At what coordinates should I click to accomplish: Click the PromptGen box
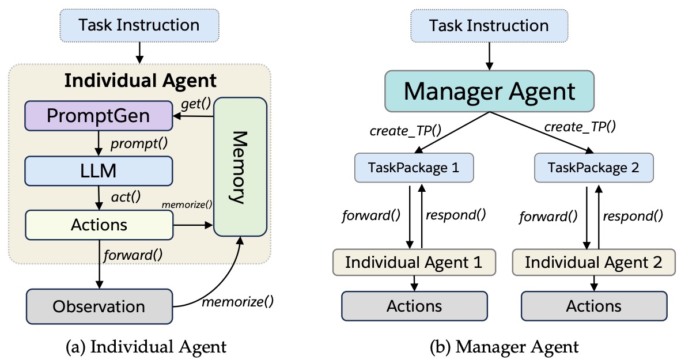coord(99,116)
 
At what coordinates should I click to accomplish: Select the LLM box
coord(99,170)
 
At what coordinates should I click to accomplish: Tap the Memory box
coord(240,167)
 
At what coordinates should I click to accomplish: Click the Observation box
coord(99,305)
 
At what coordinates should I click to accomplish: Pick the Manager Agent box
coord(489,92)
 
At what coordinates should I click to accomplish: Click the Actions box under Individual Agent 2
coord(593,305)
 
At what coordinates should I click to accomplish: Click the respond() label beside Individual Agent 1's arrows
coord(455,216)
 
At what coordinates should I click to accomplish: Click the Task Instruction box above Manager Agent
coord(489,26)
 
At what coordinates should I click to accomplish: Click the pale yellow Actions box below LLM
coord(99,224)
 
